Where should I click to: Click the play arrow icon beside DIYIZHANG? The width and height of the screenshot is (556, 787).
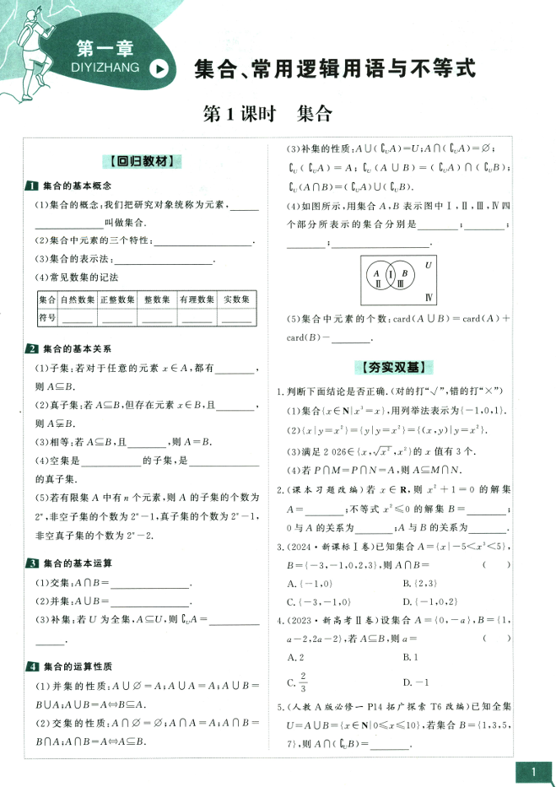coord(158,70)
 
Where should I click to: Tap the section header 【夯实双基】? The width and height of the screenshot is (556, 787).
coord(395,367)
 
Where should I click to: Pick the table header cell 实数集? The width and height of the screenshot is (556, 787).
coord(237,299)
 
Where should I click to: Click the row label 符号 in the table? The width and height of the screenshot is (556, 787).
coord(47,317)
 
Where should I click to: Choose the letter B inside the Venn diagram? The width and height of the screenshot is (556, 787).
coord(405,273)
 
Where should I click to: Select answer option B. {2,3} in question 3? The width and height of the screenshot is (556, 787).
coord(419,583)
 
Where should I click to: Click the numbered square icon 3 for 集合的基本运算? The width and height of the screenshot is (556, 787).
coord(30,563)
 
